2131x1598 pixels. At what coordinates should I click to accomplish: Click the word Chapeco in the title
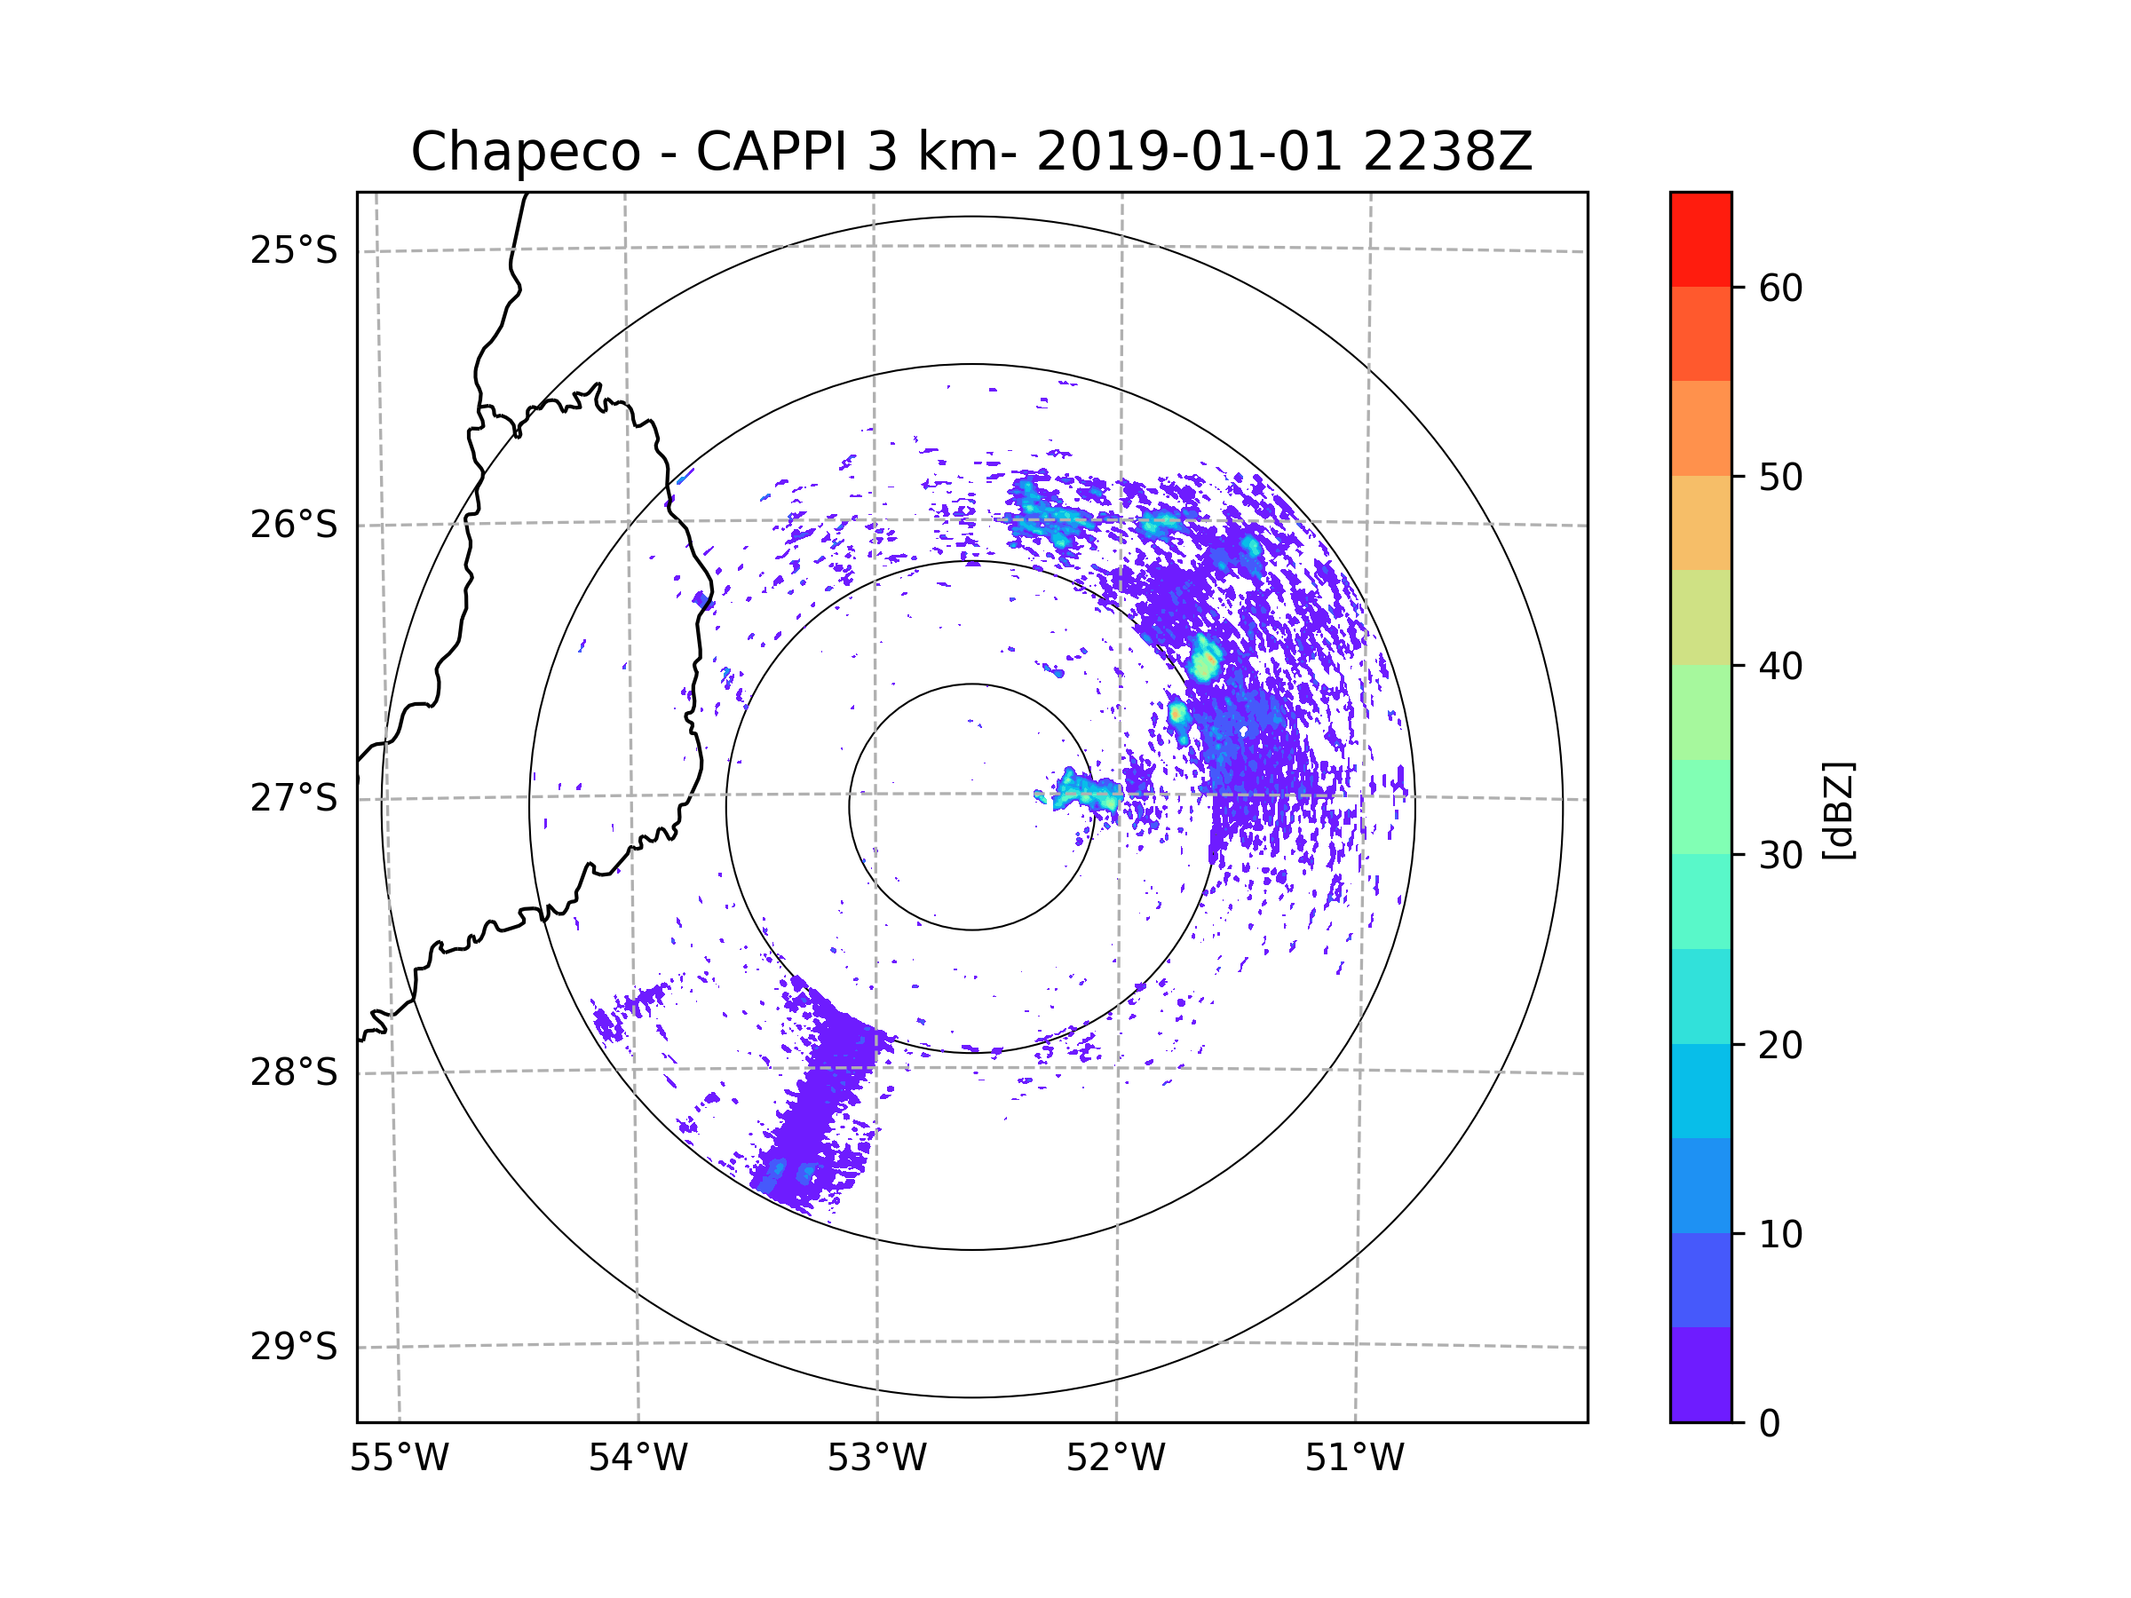(525, 152)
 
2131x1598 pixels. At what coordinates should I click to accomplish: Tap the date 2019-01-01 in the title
(1189, 152)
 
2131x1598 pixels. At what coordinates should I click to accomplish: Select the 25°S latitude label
(294, 250)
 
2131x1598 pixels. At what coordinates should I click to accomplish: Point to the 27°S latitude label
(294, 798)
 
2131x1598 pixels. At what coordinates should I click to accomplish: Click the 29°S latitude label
(294, 1347)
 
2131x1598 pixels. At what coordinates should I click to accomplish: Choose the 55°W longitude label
(399, 1459)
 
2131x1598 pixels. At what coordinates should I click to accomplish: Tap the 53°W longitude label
(876, 1459)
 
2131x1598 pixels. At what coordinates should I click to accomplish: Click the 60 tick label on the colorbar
(1780, 288)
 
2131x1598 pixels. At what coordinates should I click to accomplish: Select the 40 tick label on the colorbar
(1780, 666)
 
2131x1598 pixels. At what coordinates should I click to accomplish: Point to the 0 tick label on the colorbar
(1770, 1424)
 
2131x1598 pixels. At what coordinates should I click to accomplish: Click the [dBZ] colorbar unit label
(1838, 810)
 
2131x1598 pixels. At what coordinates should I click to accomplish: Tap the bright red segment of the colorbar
(1700, 240)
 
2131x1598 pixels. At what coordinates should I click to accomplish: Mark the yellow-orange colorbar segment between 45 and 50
(1700, 523)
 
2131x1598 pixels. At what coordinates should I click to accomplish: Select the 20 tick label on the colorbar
(1780, 1045)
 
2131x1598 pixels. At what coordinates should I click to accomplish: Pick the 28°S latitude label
(294, 1072)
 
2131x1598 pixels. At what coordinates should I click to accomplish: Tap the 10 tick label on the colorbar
(1780, 1234)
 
